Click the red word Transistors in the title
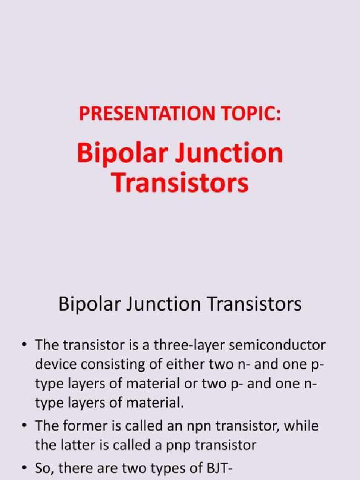pyautogui.click(x=180, y=183)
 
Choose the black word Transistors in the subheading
pyautogui.click(x=254, y=305)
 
